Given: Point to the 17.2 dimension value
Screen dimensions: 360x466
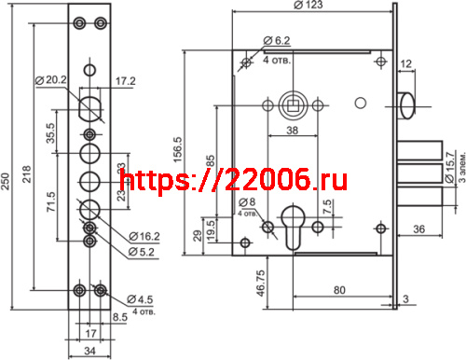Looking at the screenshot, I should click(x=125, y=83).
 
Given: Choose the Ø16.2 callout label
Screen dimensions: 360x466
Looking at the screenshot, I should click(x=140, y=238).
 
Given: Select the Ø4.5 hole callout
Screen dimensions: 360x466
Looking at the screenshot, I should click(x=139, y=298).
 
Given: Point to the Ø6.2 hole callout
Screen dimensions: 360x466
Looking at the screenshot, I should click(x=278, y=40).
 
